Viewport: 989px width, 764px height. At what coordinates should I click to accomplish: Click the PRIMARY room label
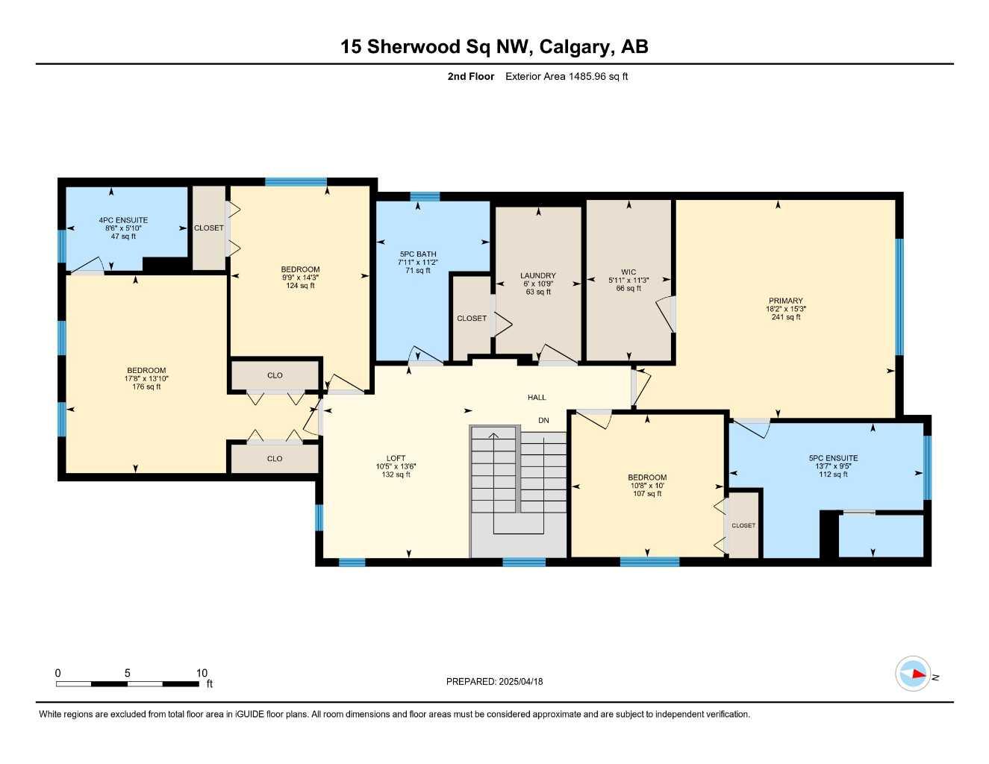(785, 301)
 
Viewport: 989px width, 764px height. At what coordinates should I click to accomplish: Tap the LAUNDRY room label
(537, 275)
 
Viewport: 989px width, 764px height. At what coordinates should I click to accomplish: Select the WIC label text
(628, 272)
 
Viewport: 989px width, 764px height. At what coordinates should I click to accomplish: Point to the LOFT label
(396, 458)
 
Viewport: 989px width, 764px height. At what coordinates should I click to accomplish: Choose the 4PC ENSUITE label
(123, 220)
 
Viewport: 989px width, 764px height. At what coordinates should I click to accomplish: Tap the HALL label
(537, 398)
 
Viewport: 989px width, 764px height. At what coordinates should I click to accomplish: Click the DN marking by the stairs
(543, 421)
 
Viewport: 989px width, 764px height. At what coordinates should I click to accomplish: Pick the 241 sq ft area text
(785, 317)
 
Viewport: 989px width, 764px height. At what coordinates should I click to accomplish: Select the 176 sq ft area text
(146, 386)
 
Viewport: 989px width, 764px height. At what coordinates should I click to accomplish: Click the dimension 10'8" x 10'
(646, 486)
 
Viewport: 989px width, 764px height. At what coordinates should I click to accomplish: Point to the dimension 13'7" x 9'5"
(833, 466)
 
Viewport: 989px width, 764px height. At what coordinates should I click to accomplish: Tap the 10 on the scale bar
(202, 673)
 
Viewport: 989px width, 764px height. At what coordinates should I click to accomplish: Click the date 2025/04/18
(521, 681)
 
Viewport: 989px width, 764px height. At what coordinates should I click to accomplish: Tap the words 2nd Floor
(470, 76)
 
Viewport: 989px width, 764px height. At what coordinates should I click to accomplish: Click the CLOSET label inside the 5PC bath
(472, 319)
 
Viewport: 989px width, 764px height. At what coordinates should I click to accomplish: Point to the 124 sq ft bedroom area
(300, 286)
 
